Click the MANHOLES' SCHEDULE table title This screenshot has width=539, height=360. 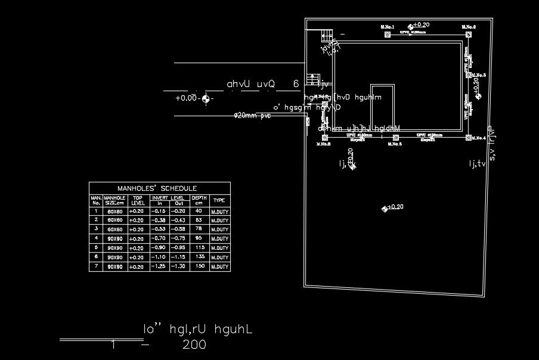click(x=157, y=188)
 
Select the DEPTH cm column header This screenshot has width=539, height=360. click(x=199, y=200)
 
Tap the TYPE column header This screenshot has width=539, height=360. click(x=219, y=200)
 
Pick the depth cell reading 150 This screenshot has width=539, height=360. click(x=199, y=267)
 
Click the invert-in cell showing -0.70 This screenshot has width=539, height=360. click(x=159, y=238)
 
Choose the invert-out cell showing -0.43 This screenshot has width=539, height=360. click(x=178, y=221)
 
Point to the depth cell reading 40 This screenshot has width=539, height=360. click(x=199, y=211)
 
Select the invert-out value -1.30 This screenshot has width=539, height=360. click(x=178, y=267)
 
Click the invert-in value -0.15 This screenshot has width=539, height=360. click(x=159, y=211)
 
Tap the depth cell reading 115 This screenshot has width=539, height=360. click(x=199, y=248)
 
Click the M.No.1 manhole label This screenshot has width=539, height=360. click(x=388, y=27)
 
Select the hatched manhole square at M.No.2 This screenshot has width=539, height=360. click(x=468, y=35)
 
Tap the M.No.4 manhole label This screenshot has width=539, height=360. click(x=478, y=138)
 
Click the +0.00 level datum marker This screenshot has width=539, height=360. click(x=206, y=98)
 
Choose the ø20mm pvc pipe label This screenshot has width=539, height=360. click(x=252, y=116)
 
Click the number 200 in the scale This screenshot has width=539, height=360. click(x=194, y=345)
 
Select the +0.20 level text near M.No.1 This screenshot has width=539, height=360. click(x=421, y=25)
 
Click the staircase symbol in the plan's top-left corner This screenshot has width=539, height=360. click(x=326, y=34)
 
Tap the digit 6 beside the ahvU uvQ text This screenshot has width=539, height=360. click(x=296, y=84)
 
